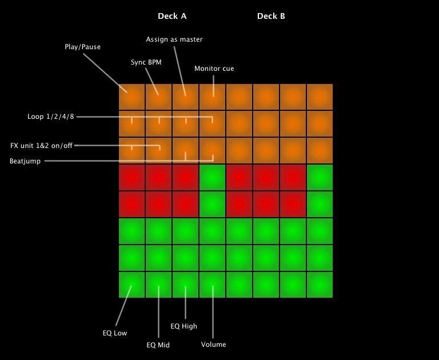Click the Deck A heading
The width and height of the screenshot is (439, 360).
coord(172,16)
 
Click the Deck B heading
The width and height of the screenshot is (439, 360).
coord(271,16)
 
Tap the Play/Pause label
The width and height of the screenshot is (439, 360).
coord(82,47)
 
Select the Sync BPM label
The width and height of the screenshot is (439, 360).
coord(146,62)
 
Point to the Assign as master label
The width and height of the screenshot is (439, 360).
coord(174,39)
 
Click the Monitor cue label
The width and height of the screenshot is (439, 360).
coord(214,69)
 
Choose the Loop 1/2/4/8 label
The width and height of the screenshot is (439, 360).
coord(51,117)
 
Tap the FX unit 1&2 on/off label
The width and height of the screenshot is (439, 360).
coord(41,146)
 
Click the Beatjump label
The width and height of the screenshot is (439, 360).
coord(25,161)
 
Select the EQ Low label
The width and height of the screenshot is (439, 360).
coord(115,333)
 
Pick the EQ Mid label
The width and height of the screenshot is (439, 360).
coord(158,345)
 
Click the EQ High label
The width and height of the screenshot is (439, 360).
coord(184,326)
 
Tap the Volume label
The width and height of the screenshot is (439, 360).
coord(213,345)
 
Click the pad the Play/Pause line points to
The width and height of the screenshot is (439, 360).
coord(131,97)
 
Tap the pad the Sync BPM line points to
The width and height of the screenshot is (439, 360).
coord(158,97)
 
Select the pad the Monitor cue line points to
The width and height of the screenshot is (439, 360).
coord(212,97)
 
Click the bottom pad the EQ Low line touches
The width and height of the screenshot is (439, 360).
coord(131,285)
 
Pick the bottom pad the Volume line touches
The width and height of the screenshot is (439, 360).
coord(212,285)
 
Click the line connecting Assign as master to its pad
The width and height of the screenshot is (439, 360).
coord(179,71)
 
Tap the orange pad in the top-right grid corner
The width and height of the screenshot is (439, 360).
coord(320,97)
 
